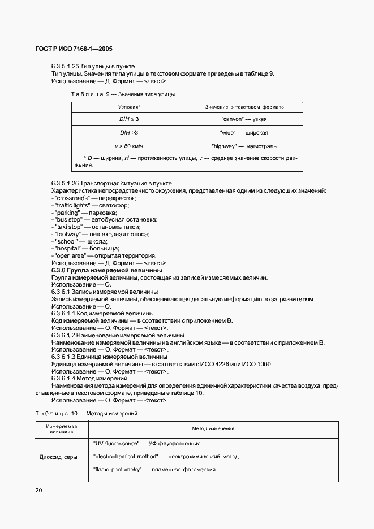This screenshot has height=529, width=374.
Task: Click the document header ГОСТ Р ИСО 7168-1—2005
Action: tap(74, 49)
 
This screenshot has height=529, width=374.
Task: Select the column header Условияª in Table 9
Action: tap(129, 107)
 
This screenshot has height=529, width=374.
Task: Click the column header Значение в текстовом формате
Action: tap(244, 107)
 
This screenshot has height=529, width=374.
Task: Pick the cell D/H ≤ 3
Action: tap(129, 119)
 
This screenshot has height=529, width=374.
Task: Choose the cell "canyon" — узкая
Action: tap(244, 119)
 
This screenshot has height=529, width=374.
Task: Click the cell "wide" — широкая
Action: tap(244, 132)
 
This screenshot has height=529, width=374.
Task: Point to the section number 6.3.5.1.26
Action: tap(66, 184)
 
